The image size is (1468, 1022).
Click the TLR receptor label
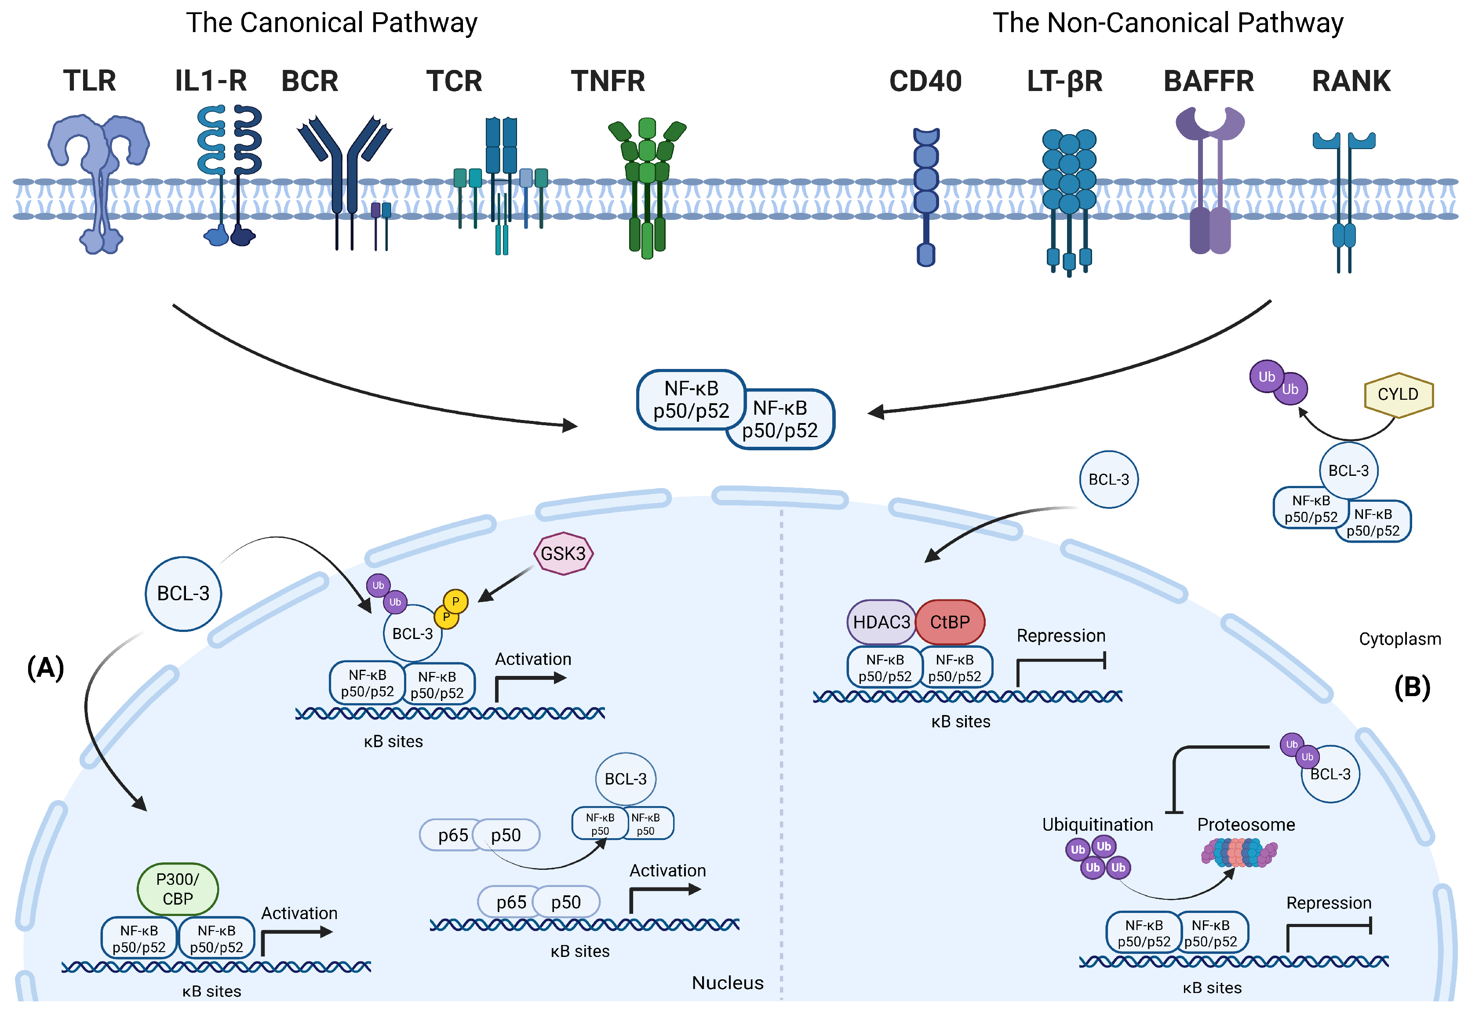[90, 81]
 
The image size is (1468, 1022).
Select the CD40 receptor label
[925, 81]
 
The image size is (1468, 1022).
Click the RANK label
[1351, 81]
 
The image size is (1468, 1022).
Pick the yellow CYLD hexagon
[1398, 394]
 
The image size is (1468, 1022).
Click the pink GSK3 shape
[563, 553]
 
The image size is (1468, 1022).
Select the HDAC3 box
[881, 622]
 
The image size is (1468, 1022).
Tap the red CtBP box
[950, 622]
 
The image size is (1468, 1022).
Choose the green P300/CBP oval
[178, 889]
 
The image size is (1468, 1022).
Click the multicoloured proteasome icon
[1239, 853]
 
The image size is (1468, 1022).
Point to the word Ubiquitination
[1097, 825]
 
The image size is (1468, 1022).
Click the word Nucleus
[728, 983]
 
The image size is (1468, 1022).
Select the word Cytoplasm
[1399, 639]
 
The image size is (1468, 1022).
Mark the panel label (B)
[1412, 687]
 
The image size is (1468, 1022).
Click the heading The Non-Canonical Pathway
[1167, 23]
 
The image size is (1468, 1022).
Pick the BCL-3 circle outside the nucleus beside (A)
[183, 594]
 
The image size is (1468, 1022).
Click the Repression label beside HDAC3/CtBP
[1061, 636]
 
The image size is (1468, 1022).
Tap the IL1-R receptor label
[211, 81]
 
